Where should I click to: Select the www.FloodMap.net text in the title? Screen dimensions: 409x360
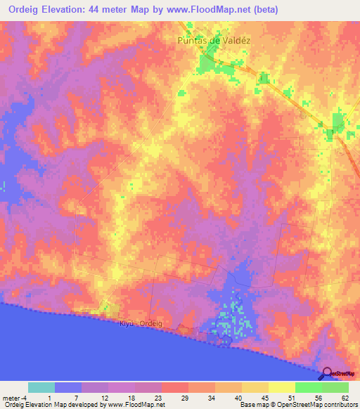click(216, 10)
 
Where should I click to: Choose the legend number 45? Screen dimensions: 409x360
click(266, 397)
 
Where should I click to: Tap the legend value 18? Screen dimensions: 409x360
click(133, 397)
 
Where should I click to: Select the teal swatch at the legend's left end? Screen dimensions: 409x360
click(41, 387)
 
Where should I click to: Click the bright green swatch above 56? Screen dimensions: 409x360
click(308, 387)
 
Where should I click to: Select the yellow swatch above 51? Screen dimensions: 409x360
click(281, 387)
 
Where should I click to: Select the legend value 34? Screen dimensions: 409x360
click(213, 397)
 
